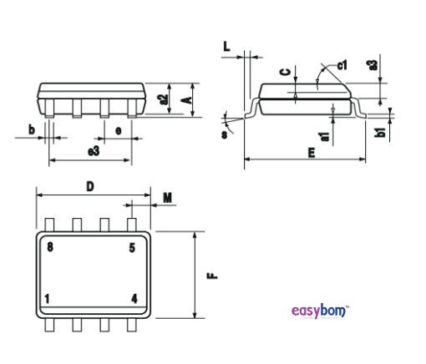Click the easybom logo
(x=321, y=311)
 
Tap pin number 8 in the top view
(x=50, y=248)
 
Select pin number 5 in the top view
(x=132, y=248)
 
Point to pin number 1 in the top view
(x=48, y=298)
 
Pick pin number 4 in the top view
(x=134, y=298)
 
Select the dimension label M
(x=167, y=198)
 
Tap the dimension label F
(x=213, y=273)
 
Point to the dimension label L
(x=227, y=48)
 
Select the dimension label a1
(x=325, y=131)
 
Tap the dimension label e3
(x=94, y=151)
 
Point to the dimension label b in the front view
(x=32, y=129)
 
